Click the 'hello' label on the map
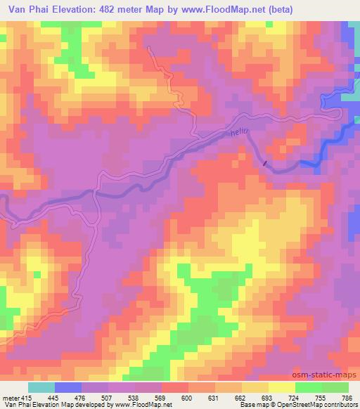[x=240, y=133]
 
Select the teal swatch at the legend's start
[x=41, y=387]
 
